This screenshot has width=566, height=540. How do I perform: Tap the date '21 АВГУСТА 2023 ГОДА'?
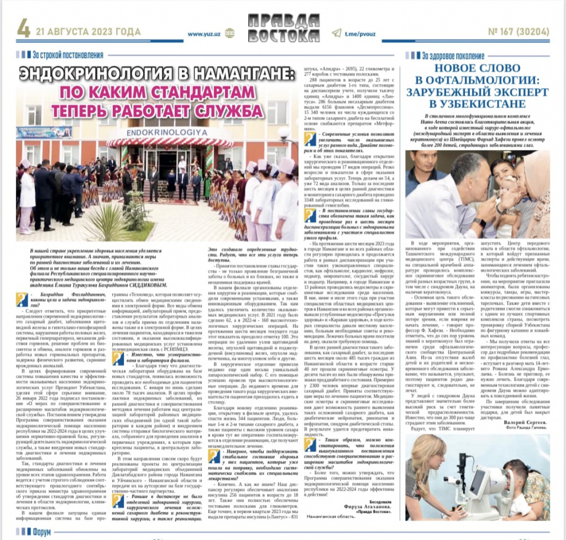[88, 32]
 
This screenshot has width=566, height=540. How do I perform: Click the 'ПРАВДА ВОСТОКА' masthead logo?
[282, 28]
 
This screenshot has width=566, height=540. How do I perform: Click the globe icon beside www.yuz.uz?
[229, 34]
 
